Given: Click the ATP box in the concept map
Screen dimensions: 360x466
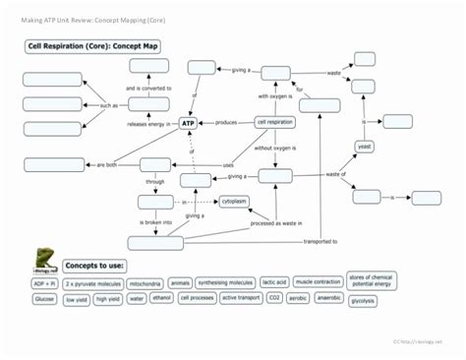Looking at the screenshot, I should coord(202,123).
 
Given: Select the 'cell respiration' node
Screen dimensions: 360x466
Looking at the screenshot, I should coord(274,122).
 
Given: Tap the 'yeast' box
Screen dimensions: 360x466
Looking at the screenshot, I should coord(364,146).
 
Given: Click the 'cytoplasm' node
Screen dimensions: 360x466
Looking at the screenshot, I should coord(234,201).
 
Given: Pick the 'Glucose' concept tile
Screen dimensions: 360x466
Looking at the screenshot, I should coord(44,298).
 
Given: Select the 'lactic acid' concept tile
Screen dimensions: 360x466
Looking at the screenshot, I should coord(275,282).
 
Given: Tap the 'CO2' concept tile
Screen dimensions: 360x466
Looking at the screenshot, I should coord(274,298).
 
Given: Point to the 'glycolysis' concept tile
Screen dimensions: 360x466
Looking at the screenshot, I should coord(362,300).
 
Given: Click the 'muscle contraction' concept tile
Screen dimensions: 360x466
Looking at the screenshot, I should coord(318,282).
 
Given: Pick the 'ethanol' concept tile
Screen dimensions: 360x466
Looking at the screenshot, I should coord(162,298).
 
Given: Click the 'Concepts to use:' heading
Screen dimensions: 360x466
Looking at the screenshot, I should coord(94,266).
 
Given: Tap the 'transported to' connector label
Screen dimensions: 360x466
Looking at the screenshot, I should coord(320,241).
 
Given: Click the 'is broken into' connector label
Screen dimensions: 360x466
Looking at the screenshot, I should coord(154,223).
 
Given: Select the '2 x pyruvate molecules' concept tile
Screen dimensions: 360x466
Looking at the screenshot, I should coord(92,283).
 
